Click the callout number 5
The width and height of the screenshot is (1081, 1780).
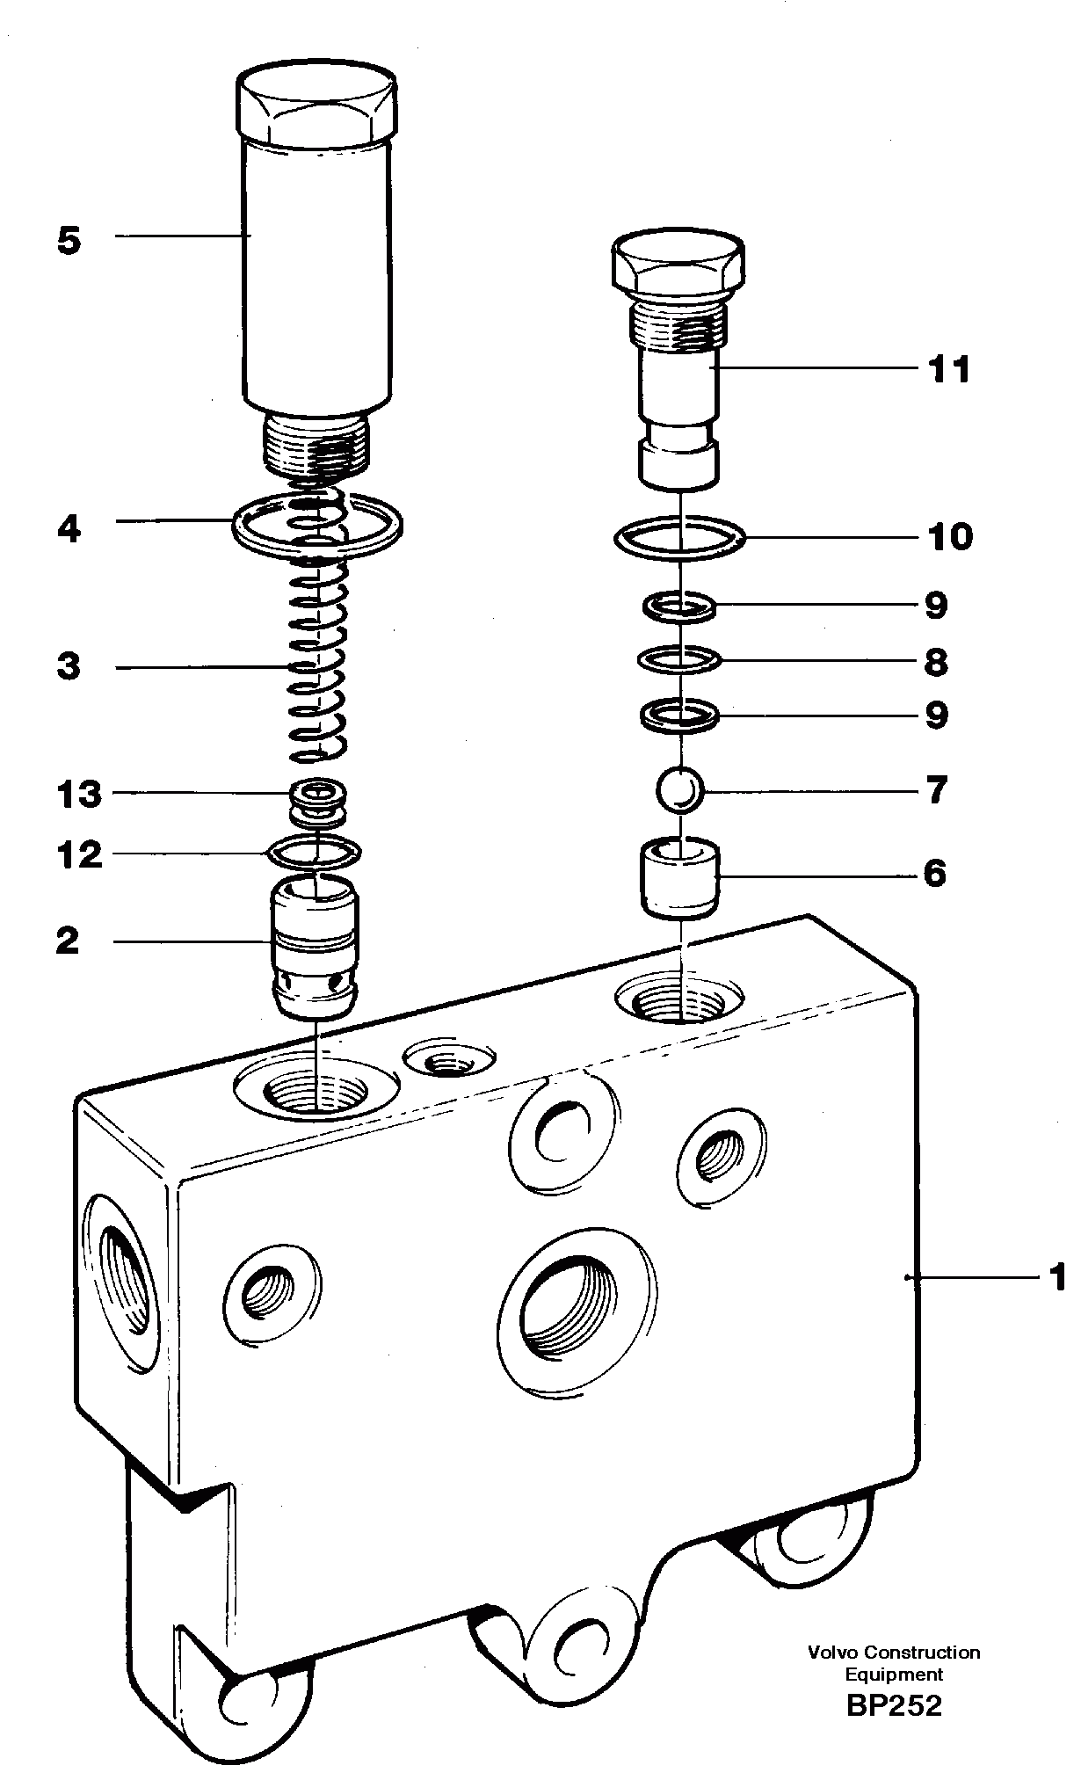(69, 240)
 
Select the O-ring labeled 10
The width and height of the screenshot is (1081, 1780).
(679, 536)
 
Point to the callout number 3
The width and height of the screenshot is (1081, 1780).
(69, 665)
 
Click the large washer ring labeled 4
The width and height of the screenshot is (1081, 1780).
(316, 527)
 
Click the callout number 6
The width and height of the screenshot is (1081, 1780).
(933, 874)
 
